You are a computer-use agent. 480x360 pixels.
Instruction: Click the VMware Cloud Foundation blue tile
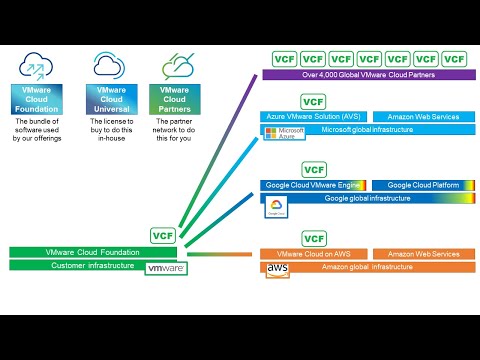click(x=37, y=100)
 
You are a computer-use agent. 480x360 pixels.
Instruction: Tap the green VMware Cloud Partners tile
click(x=174, y=100)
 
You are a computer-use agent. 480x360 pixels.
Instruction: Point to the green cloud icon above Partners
click(x=174, y=65)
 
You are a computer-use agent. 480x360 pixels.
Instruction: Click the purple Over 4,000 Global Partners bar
click(x=369, y=74)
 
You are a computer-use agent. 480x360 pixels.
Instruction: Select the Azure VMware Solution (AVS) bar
click(x=311, y=117)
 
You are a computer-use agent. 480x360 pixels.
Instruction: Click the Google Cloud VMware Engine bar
click(x=311, y=185)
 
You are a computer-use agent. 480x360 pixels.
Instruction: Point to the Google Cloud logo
click(x=276, y=207)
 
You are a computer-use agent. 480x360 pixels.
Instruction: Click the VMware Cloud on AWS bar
click(x=311, y=255)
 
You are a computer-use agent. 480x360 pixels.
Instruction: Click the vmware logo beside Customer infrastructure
click(x=166, y=268)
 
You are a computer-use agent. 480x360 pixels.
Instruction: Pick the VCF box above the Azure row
click(x=314, y=101)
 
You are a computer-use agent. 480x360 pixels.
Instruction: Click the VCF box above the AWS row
click(x=314, y=239)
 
